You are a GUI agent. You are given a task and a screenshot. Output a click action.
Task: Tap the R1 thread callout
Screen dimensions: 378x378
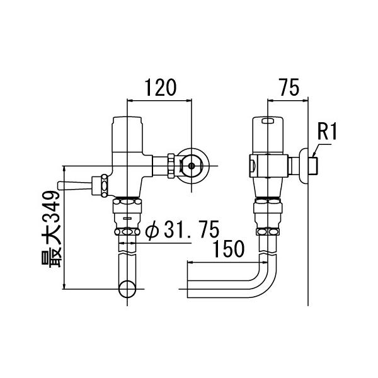click(x=328, y=133)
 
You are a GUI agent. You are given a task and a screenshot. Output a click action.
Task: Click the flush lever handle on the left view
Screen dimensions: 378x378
click(x=72, y=185)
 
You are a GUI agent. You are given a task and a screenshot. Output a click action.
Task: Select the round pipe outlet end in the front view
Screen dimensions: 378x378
click(x=129, y=290)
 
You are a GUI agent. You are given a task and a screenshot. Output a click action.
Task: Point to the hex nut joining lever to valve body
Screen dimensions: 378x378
click(x=99, y=185)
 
